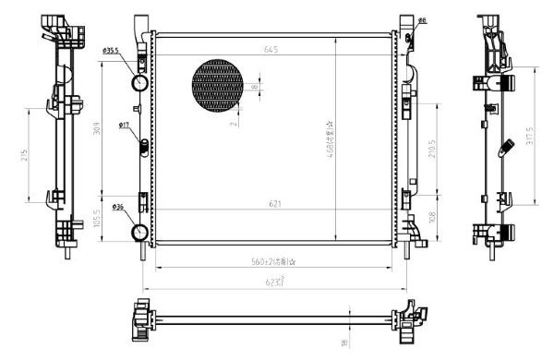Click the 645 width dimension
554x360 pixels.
(x=271, y=48)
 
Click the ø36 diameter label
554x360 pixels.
(x=119, y=206)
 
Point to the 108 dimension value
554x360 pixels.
(x=435, y=219)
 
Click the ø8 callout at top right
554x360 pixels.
(x=421, y=19)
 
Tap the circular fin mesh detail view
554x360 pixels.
(x=222, y=89)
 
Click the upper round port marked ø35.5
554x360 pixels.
(x=140, y=83)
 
